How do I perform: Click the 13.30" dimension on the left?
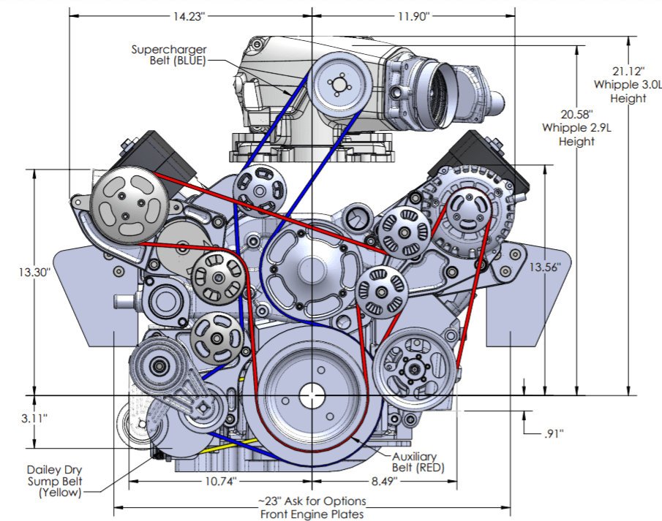click(x=34, y=272)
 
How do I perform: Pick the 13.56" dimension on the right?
click(x=545, y=267)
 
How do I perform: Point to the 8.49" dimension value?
click(x=383, y=482)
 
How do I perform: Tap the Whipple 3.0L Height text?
click(x=628, y=91)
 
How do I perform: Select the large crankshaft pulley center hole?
click(x=313, y=395)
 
